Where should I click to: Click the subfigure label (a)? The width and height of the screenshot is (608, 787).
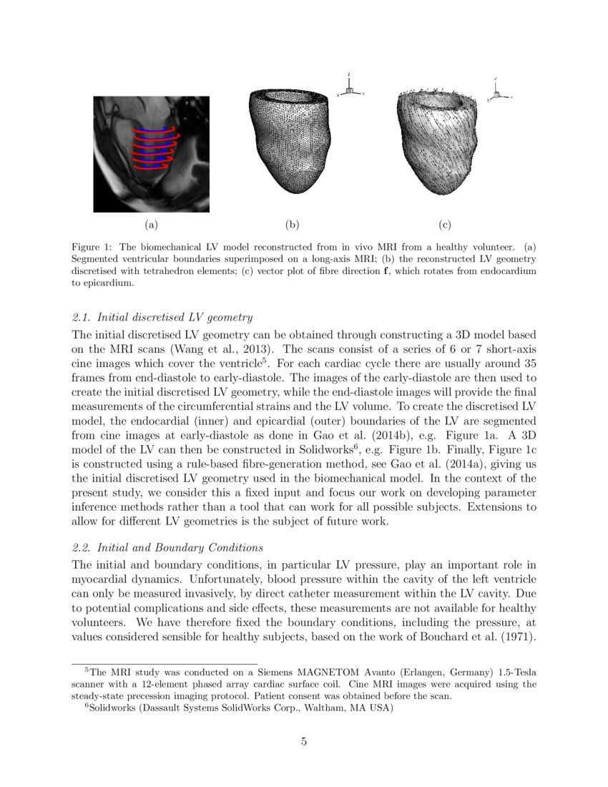coord(150,225)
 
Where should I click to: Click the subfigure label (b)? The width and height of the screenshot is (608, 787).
coord(292,225)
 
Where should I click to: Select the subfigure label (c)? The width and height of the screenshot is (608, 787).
coord(445,225)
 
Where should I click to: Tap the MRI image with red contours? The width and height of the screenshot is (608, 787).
coord(151,154)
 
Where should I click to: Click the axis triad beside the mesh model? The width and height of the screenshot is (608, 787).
coord(350,87)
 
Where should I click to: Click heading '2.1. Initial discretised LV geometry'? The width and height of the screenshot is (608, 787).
coord(162,317)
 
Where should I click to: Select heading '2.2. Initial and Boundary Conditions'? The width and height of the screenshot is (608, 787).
coord(167,547)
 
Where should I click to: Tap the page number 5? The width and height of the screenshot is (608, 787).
coord(304,741)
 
